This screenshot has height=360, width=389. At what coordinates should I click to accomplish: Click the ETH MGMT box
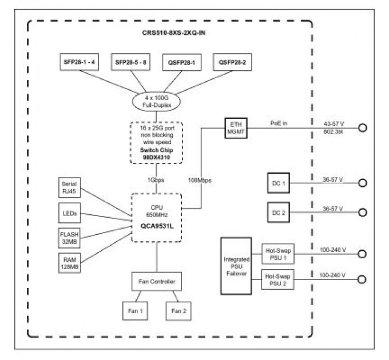(x=236, y=129)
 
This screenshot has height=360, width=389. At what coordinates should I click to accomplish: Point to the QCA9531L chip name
(x=157, y=226)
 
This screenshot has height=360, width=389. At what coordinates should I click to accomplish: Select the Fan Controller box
(x=157, y=282)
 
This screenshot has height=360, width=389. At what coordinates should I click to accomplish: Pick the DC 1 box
(x=280, y=183)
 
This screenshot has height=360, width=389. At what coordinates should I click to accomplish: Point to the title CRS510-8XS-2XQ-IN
(x=170, y=33)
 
